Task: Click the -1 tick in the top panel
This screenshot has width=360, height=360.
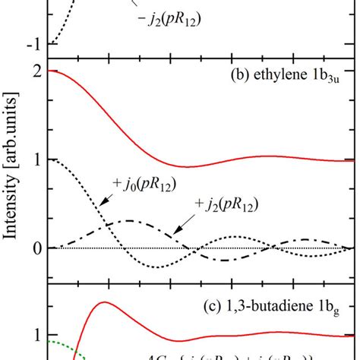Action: click(34, 43)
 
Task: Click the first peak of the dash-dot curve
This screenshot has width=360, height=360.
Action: click(130, 221)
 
